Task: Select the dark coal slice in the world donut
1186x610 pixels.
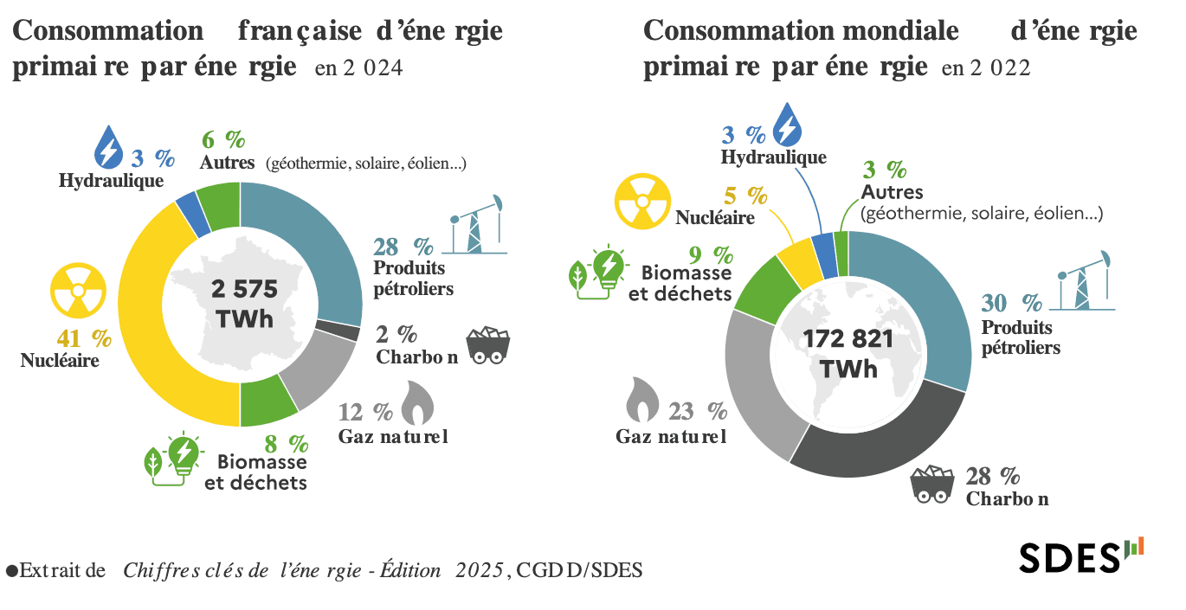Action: [874, 446]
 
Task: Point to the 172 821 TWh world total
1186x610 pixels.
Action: [848, 353]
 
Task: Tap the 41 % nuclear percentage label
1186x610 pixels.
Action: [73, 338]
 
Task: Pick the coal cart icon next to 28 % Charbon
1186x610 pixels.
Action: [935, 484]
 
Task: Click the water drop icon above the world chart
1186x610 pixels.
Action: [787, 124]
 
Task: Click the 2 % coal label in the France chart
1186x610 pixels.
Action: [396, 335]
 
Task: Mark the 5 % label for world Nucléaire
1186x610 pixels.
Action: [745, 196]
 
